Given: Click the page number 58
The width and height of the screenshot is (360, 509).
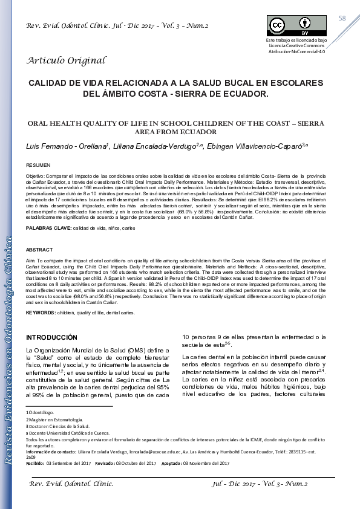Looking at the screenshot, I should pyautogui.click(x=342, y=19).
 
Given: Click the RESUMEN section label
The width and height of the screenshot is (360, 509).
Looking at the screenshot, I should pyautogui.click(x=38, y=164).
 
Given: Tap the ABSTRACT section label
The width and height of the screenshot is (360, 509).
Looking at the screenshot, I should pyautogui.click(x=39, y=250).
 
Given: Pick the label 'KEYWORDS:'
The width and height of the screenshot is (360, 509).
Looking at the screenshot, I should pyautogui.click(x=41, y=313).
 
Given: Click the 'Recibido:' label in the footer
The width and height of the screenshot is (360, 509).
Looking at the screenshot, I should pyautogui.click(x=34, y=463).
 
